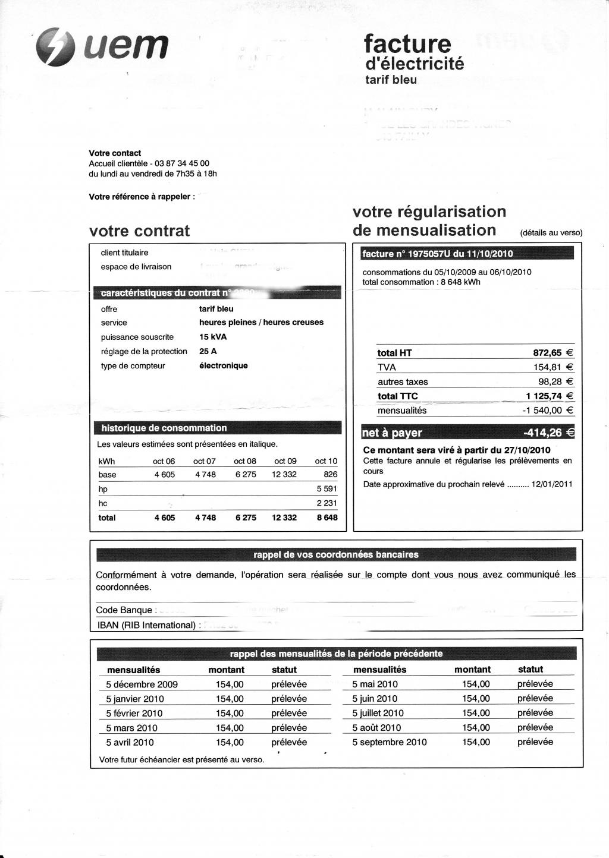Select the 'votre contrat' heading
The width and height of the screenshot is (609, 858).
tap(139, 231)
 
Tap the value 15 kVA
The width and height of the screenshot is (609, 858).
tap(213, 337)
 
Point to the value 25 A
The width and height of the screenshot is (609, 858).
tap(208, 351)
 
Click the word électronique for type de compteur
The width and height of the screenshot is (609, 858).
tap(223, 365)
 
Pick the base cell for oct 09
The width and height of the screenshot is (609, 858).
tap(284, 475)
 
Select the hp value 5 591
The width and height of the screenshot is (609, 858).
tap(327, 489)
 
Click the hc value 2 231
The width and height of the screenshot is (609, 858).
tap(327, 503)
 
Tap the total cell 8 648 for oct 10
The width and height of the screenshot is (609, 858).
tap(327, 518)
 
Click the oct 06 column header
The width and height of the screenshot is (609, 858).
tap(164, 461)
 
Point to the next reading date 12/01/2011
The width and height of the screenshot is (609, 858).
tap(552, 484)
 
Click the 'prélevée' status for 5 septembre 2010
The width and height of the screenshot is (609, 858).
tap(535, 742)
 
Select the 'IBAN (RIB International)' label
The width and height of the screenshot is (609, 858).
tap(146, 625)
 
